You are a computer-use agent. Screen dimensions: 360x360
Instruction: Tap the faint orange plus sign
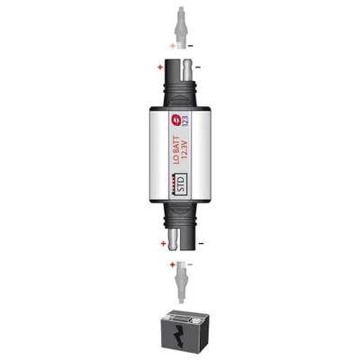172,46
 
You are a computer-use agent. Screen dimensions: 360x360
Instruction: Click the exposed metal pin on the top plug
188,71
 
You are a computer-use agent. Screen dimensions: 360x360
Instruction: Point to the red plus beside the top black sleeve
160,67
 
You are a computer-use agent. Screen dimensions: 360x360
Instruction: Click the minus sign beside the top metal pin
198,67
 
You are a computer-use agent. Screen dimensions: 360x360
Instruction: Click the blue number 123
185,121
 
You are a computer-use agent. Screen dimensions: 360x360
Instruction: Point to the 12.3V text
185,148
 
